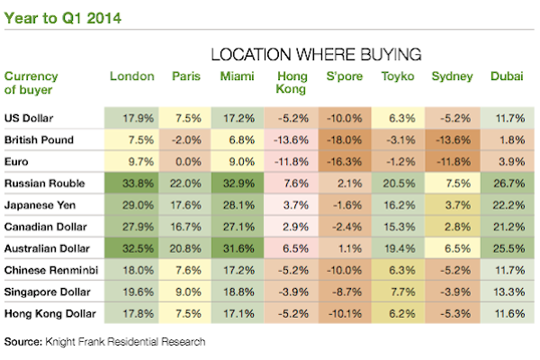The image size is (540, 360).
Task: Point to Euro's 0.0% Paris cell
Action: (186, 161)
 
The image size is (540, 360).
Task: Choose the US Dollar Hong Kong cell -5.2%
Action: (292, 118)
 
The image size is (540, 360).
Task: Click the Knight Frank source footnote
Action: (105, 341)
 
